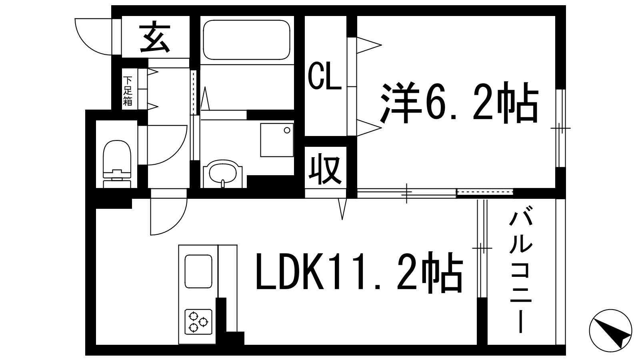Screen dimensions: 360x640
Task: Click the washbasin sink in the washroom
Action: pyautogui.click(x=223, y=173)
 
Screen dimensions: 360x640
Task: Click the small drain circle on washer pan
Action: pyautogui.click(x=287, y=130)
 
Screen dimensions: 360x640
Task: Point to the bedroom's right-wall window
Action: pyautogui.click(x=562, y=128)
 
